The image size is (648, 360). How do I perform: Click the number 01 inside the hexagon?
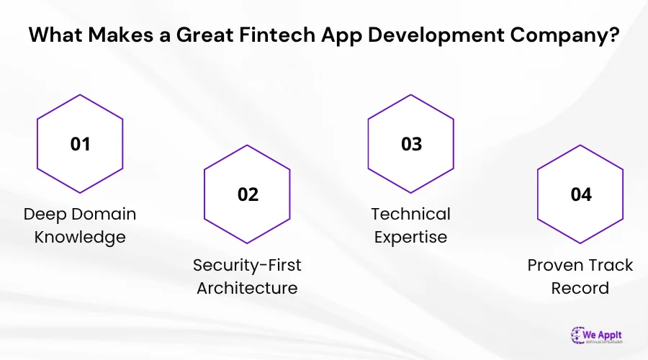point(80,143)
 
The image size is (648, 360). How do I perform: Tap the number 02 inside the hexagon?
point(248,194)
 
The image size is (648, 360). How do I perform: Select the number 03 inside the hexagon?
point(411,143)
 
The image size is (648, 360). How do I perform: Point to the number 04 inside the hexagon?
point(580,194)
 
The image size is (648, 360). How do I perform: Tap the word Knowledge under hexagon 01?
point(80,238)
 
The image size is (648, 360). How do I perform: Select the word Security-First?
point(247,265)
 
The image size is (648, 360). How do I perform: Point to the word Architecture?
point(247,288)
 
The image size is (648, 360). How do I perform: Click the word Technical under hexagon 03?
point(410,215)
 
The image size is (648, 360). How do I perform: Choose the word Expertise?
point(410,238)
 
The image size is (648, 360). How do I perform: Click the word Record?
point(580,288)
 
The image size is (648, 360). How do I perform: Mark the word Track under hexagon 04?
point(611,265)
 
